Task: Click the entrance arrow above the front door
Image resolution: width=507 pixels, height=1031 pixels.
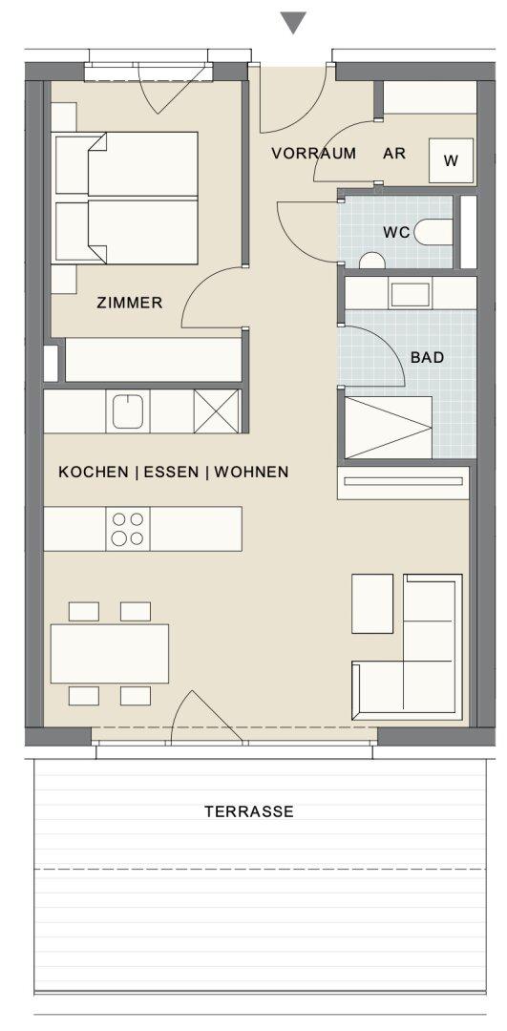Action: coord(292,23)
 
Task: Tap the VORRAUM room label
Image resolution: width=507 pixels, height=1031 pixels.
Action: coord(314,154)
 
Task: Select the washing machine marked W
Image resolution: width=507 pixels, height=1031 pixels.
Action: coord(451,160)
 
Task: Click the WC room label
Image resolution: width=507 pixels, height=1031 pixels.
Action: coord(396,232)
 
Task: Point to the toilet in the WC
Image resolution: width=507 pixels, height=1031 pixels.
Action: coord(433,232)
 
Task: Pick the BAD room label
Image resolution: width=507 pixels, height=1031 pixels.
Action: coord(428,358)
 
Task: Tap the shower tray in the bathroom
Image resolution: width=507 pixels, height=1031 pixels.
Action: coord(388,428)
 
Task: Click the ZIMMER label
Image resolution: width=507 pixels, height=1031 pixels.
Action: coord(130,304)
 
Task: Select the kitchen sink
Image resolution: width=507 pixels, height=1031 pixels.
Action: coord(128,411)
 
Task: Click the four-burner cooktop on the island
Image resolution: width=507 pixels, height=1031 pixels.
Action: coord(128,529)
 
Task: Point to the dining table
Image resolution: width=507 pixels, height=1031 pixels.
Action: coord(110,654)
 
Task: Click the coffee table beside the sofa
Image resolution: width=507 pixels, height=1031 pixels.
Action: coord(372,603)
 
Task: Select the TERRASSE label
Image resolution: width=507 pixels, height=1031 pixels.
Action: coord(248,811)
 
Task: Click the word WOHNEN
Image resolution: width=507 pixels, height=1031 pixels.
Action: coord(251,473)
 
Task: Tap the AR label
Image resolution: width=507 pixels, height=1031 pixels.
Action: coord(394,154)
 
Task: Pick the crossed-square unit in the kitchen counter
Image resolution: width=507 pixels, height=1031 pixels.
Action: coord(217,411)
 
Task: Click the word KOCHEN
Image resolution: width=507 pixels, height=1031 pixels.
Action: coord(94,473)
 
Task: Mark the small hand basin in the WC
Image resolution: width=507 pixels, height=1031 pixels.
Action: coord(372,261)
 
